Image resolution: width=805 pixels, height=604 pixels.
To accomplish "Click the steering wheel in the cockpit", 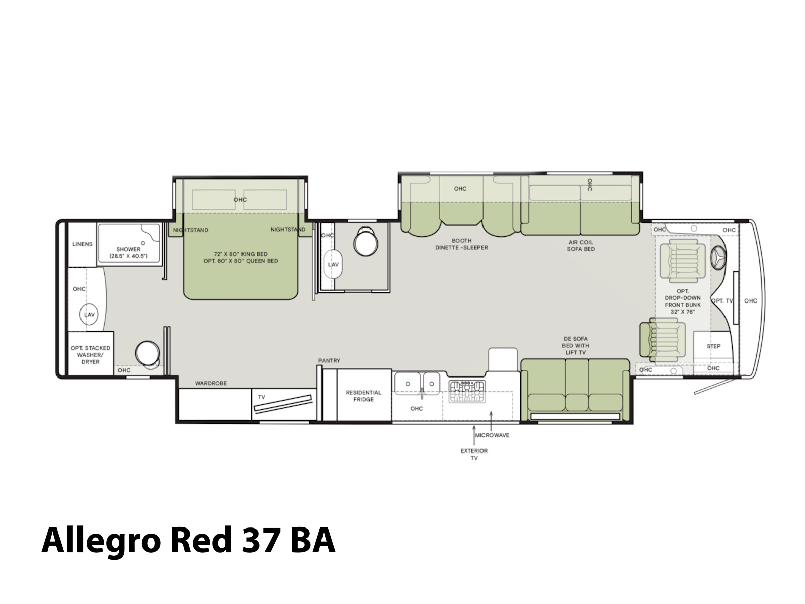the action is pyautogui.click(x=718, y=257).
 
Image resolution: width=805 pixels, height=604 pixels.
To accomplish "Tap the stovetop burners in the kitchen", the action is pyautogui.click(x=467, y=391).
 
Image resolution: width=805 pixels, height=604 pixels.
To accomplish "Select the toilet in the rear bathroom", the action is pyautogui.click(x=147, y=354).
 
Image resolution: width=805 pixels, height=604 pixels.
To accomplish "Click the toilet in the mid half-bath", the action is pyautogui.click(x=366, y=242).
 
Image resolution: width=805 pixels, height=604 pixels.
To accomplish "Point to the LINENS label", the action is pyautogui.click(x=82, y=244).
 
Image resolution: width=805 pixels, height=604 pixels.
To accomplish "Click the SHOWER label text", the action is pyautogui.click(x=128, y=249).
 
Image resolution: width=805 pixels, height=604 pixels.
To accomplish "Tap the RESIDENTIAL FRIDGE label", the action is pyautogui.click(x=363, y=396).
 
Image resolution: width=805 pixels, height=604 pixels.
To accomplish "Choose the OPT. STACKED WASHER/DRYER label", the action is pyautogui.click(x=90, y=355).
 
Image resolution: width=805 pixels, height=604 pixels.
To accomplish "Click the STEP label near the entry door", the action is pyautogui.click(x=713, y=346).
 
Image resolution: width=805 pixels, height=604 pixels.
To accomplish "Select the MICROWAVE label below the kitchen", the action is pyautogui.click(x=492, y=435).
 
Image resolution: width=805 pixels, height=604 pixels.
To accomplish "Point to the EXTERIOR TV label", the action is pyautogui.click(x=474, y=454).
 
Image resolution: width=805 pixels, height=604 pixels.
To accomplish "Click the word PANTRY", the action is pyautogui.click(x=329, y=361).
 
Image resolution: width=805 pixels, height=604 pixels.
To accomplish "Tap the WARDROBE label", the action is pyautogui.click(x=211, y=383).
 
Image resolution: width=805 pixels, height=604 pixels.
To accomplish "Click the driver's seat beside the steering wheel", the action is pyautogui.click(x=682, y=261).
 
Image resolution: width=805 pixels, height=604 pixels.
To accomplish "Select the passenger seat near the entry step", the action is pyautogui.click(x=663, y=339).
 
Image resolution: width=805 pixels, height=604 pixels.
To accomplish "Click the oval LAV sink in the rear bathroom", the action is pyautogui.click(x=89, y=314).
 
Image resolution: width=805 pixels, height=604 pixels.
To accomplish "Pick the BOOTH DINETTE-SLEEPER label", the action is pyautogui.click(x=462, y=244).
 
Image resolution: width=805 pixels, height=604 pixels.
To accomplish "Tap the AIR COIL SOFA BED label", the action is pyautogui.click(x=581, y=245).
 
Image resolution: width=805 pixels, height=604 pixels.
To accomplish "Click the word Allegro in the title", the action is pyautogui.click(x=101, y=540).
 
